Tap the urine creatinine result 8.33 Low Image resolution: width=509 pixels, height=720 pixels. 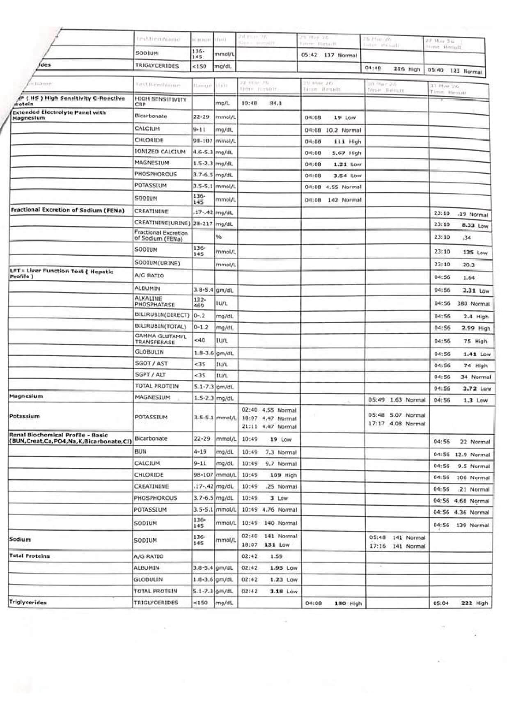(475, 226)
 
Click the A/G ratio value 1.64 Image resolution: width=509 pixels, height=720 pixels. (469, 278)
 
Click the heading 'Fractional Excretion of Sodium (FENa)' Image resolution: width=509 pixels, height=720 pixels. (67, 210)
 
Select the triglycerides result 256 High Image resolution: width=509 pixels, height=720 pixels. (406, 69)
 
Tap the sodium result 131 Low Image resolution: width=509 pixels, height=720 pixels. (277, 545)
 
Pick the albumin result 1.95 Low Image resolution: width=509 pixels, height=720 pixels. (283, 568)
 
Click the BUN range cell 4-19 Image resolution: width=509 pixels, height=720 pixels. (200, 452)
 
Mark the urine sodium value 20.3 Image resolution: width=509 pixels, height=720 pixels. (468, 265)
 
